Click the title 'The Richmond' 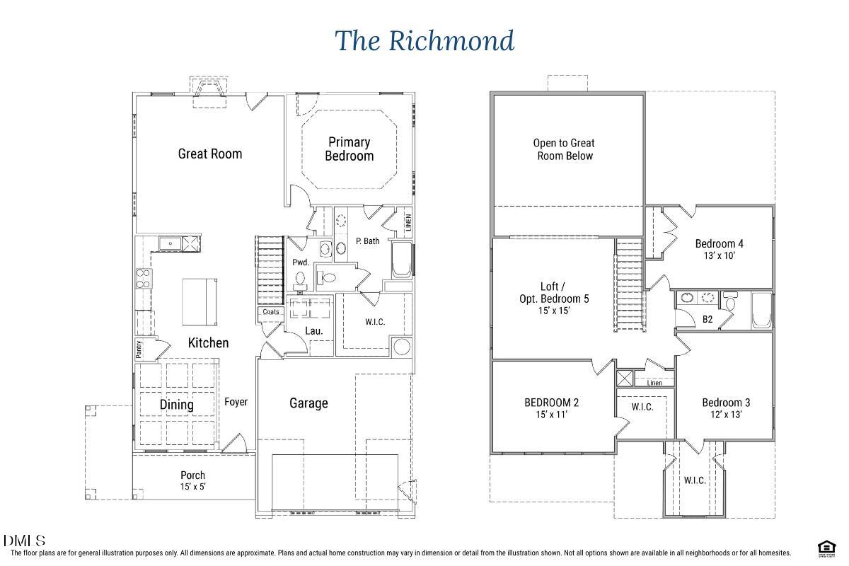coord(424,40)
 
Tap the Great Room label coord(209,154)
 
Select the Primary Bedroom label coord(349,149)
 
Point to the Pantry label coord(139,349)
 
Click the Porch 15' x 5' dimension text coord(192,487)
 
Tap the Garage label coord(308,403)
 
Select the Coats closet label coord(271,312)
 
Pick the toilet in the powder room coord(301,278)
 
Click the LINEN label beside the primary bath coord(408,222)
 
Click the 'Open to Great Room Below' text coord(564,149)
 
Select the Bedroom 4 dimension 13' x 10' coord(719,256)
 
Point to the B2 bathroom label coord(707,319)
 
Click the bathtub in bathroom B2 coord(761,312)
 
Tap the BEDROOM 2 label coord(551,403)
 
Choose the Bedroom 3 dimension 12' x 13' coord(726,415)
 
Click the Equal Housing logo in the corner coord(824,548)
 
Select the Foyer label coord(236,402)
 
